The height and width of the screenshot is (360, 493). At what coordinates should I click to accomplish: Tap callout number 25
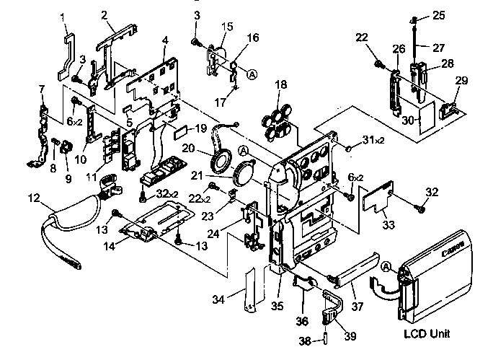tap(440, 14)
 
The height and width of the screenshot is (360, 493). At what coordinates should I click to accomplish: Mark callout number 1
tap(62, 16)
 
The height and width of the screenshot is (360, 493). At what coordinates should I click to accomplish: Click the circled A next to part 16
tap(252, 74)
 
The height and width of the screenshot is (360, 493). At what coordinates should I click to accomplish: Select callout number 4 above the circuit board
tap(165, 41)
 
